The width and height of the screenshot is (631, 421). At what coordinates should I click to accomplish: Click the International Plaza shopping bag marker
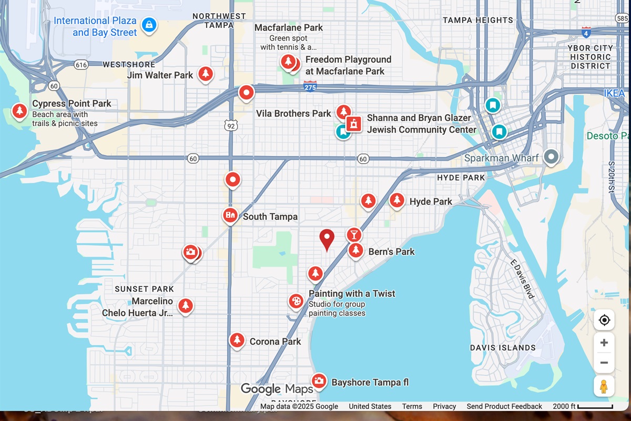149,24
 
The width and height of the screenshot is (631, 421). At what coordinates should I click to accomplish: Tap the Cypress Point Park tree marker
19,111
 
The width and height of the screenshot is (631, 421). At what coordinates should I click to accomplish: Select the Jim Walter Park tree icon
206,74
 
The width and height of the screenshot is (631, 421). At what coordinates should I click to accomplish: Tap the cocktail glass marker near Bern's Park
354,234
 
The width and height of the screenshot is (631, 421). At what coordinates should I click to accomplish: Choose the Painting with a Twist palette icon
296,302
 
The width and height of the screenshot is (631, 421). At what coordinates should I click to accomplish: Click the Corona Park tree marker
237,340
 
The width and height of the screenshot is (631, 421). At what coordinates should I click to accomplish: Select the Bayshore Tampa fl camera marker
318,380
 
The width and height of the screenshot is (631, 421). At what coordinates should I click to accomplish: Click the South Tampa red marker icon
230,215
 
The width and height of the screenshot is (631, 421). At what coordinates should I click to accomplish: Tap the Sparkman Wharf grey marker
551,156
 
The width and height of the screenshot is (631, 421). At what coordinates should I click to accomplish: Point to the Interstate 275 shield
310,87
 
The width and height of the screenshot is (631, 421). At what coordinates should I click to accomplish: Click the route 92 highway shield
230,125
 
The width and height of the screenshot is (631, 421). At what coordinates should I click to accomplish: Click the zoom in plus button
604,343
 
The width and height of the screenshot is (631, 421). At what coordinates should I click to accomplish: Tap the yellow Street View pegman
604,386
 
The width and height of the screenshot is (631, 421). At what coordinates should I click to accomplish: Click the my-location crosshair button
604,320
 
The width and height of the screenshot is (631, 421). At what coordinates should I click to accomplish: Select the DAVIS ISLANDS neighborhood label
503,348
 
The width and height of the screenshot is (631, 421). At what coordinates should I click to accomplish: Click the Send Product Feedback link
504,406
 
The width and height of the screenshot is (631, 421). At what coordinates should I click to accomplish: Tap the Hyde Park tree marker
397,201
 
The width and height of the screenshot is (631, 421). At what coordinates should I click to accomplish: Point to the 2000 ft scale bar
595,406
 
